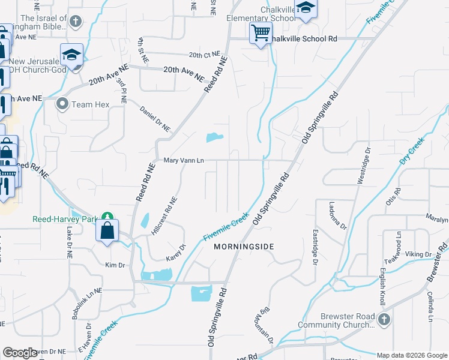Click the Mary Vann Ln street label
click(x=184, y=161)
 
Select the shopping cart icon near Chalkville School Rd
click(x=261, y=33)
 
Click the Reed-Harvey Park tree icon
click(x=107, y=217)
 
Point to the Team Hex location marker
click(x=62, y=104)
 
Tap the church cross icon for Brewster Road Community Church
click(x=384, y=320)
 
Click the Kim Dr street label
click(x=114, y=265)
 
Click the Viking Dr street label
click(x=420, y=254)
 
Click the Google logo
click(x=20, y=353)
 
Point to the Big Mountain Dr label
click(x=267, y=326)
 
